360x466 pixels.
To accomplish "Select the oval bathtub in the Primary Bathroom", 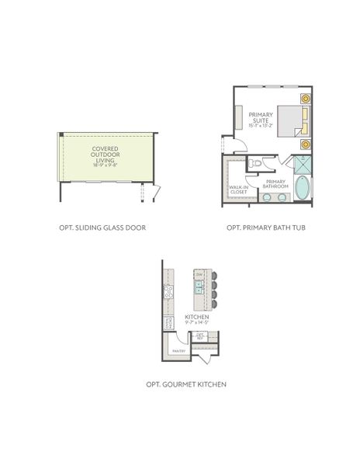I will (x=300, y=186).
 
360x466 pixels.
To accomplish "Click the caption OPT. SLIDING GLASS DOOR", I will (x=102, y=228).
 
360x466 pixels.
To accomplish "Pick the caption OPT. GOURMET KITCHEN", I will (x=186, y=384).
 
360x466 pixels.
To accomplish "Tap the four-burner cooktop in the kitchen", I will (x=168, y=291).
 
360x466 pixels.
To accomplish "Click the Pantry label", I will (x=178, y=351).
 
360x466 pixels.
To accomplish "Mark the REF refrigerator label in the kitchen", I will (x=200, y=337).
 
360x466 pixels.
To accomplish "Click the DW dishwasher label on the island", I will (x=199, y=274).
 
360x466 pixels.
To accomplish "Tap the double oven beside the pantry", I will (x=168, y=324).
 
